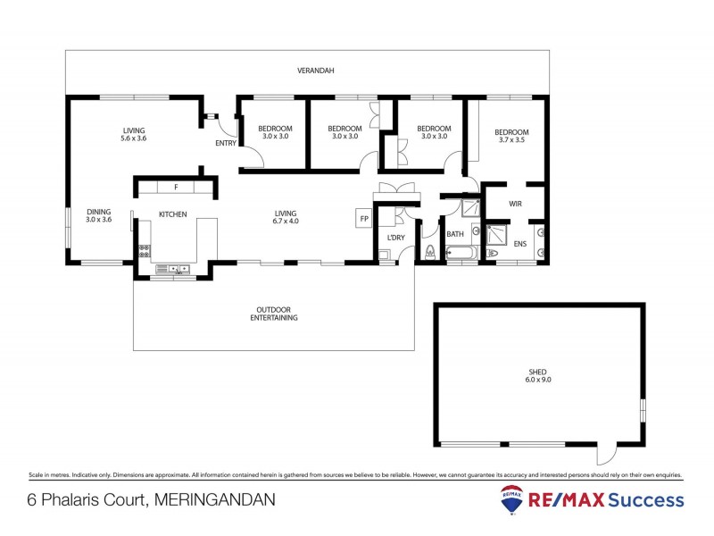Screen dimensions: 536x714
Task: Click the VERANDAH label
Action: [x=316, y=71]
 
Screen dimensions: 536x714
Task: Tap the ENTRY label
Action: [x=226, y=144]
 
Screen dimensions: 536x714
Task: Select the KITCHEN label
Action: [x=172, y=214]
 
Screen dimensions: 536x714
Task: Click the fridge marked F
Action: [x=176, y=188]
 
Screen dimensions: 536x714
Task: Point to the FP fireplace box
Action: [x=363, y=219]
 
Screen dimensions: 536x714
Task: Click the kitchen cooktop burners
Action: [x=143, y=252]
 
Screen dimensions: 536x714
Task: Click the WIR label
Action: [x=515, y=205]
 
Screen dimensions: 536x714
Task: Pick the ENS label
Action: [x=520, y=243]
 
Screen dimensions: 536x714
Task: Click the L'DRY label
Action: [x=394, y=237]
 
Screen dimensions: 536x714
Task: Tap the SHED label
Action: [x=537, y=372]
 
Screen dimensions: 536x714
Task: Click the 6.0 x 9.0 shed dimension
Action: [x=537, y=381]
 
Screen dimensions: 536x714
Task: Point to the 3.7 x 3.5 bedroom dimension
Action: [x=512, y=141]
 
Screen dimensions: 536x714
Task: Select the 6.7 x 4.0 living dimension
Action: [x=285, y=222]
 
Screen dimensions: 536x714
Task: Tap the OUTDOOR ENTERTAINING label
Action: [x=274, y=314]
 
